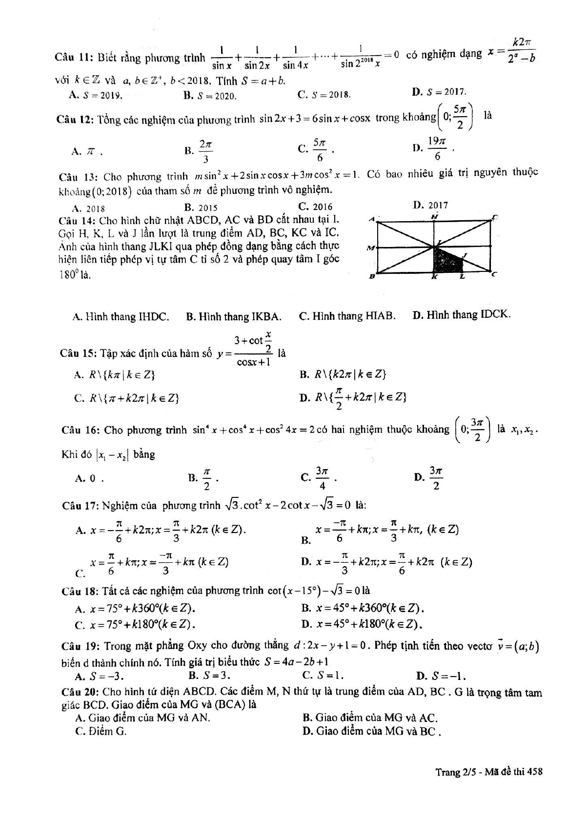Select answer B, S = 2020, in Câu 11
(210, 96)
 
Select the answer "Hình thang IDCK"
(462, 315)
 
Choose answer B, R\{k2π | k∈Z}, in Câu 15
(344, 374)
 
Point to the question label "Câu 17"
(81, 506)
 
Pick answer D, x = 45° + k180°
(362, 624)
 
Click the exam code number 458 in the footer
(535, 772)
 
